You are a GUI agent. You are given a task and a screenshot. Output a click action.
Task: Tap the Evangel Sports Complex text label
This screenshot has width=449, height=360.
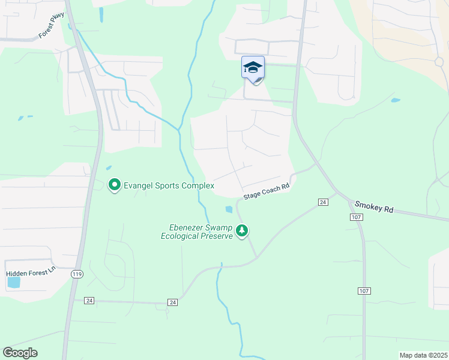point(169,186)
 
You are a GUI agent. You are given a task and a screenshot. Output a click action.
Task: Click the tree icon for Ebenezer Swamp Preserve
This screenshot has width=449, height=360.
point(242,230)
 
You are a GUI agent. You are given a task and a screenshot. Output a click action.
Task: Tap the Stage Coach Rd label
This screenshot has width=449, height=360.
point(267,192)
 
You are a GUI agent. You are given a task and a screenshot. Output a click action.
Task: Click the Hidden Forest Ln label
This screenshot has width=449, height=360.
point(30,273)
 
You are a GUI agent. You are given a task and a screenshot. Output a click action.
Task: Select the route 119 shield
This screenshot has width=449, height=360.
point(76,274)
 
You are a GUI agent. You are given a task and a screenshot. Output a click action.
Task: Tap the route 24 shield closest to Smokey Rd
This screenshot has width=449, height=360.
point(323,202)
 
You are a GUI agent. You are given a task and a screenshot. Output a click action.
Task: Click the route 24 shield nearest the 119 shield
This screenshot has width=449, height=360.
point(89,300)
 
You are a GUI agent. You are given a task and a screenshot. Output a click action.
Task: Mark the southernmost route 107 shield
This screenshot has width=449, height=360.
point(364,291)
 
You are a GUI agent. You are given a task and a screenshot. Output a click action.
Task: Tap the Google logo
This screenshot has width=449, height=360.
point(20,353)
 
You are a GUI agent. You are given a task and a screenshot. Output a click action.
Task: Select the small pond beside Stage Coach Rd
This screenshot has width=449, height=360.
point(229,209)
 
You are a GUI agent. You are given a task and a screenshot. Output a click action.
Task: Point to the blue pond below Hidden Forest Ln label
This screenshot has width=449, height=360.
point(14,282)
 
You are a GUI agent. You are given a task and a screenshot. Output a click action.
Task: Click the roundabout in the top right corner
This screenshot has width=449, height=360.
point(439,61)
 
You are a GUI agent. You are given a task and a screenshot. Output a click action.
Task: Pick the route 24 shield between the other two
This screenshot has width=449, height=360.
point(173,302)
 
